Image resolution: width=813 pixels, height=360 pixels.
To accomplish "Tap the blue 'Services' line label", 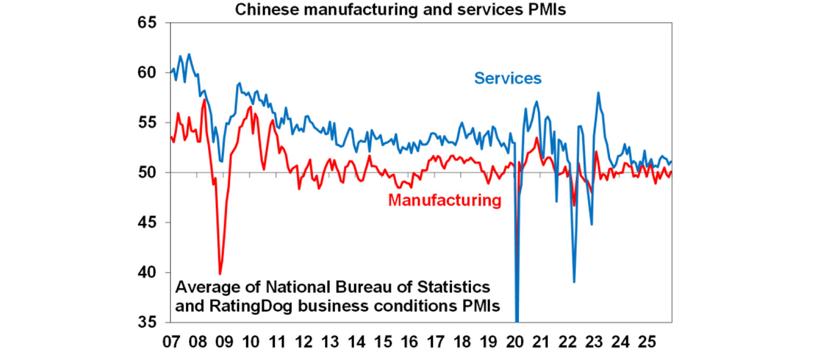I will pyautogui.click(x=508, y=78).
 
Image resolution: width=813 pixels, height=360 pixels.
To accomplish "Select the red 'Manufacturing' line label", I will pyautogui.click(x=444, y=201).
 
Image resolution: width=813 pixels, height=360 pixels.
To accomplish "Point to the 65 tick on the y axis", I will pyautogui.click(x=150, y=23).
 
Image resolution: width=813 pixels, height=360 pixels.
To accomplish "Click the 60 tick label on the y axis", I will pyautogui.click(x=150, y=73).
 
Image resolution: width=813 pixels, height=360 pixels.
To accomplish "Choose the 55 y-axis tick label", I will pyautogui.click(x=150, y=123).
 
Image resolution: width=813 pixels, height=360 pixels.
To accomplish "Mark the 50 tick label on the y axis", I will pyautogui.click(x=150, y=173).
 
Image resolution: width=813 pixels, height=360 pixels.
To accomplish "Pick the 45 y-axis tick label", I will pyautogui.click(x=150, y=222).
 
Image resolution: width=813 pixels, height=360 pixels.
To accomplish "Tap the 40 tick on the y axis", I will pyautogui.click(x=150, y=273).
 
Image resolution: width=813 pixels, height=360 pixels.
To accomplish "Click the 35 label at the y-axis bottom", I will pyautogui.click(x=150, y=322).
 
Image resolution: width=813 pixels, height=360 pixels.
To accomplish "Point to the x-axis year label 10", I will pyautogui.click(x=250, y=342).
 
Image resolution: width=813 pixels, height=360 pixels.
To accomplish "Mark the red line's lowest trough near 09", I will pyautogui.click(x=220, y=274).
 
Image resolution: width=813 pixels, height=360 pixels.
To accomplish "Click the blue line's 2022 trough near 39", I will pyautogui.click(x=574, y=282).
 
